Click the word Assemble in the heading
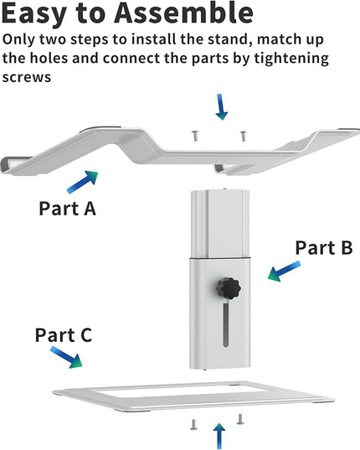[x=183, y=13]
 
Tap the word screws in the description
[x=27, y=77]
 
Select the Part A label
[x=67, y=209]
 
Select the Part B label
[x=324, y=247]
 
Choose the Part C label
[x=64, y=334]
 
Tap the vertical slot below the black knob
[x=226, y=324]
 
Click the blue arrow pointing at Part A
[x=83, y=182]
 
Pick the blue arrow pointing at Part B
[x=284, y=271]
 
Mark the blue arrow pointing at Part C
[x=66, y=357]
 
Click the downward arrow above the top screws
[x=221, y=106]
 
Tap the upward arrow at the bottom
[x=219, y=436]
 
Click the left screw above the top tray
[x=195, y=136]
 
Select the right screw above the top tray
[x=244, y=136]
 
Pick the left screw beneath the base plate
[x=193, y=425]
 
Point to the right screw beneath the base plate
[x=240, y=419]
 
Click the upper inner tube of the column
[x=220, y=224]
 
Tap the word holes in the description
[x=49, y=59]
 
